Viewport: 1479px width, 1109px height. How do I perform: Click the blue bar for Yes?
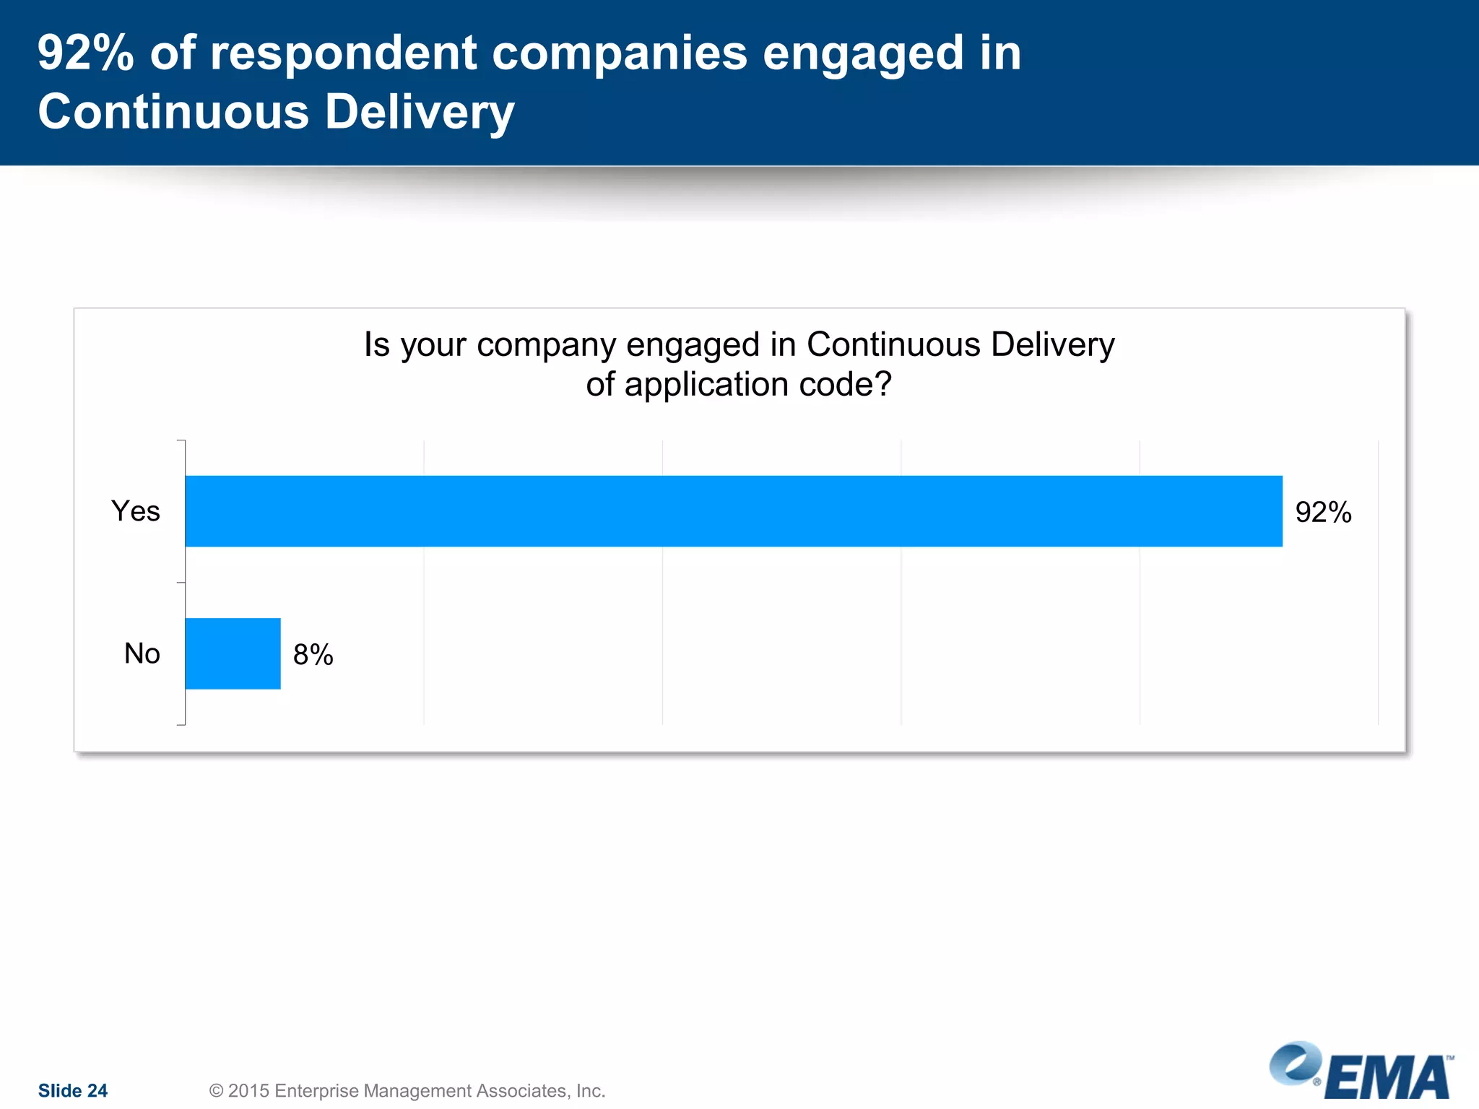click(733, 511)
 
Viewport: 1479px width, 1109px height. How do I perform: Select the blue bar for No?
click(233, 653)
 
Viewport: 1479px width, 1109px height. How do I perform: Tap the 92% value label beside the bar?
click(1323, 513)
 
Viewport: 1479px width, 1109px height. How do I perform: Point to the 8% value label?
click(313, 655)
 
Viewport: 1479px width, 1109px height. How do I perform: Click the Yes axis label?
click(136, 511)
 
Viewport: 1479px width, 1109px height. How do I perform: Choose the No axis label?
click(142, 653)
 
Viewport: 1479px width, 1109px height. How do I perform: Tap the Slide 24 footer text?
click(73, 1090)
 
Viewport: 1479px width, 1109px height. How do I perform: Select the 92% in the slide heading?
click(85, 53)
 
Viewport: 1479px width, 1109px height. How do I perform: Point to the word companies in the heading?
click(620, 53)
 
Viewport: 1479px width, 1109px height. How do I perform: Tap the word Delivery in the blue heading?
click(419, 113)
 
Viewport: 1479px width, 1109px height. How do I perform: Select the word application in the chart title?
click(706, 384)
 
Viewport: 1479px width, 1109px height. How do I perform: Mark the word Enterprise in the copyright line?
click(316, 1090)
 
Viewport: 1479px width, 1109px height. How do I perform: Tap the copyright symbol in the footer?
click(216, 1090)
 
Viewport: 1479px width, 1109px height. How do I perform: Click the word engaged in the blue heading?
click(863, 53)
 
